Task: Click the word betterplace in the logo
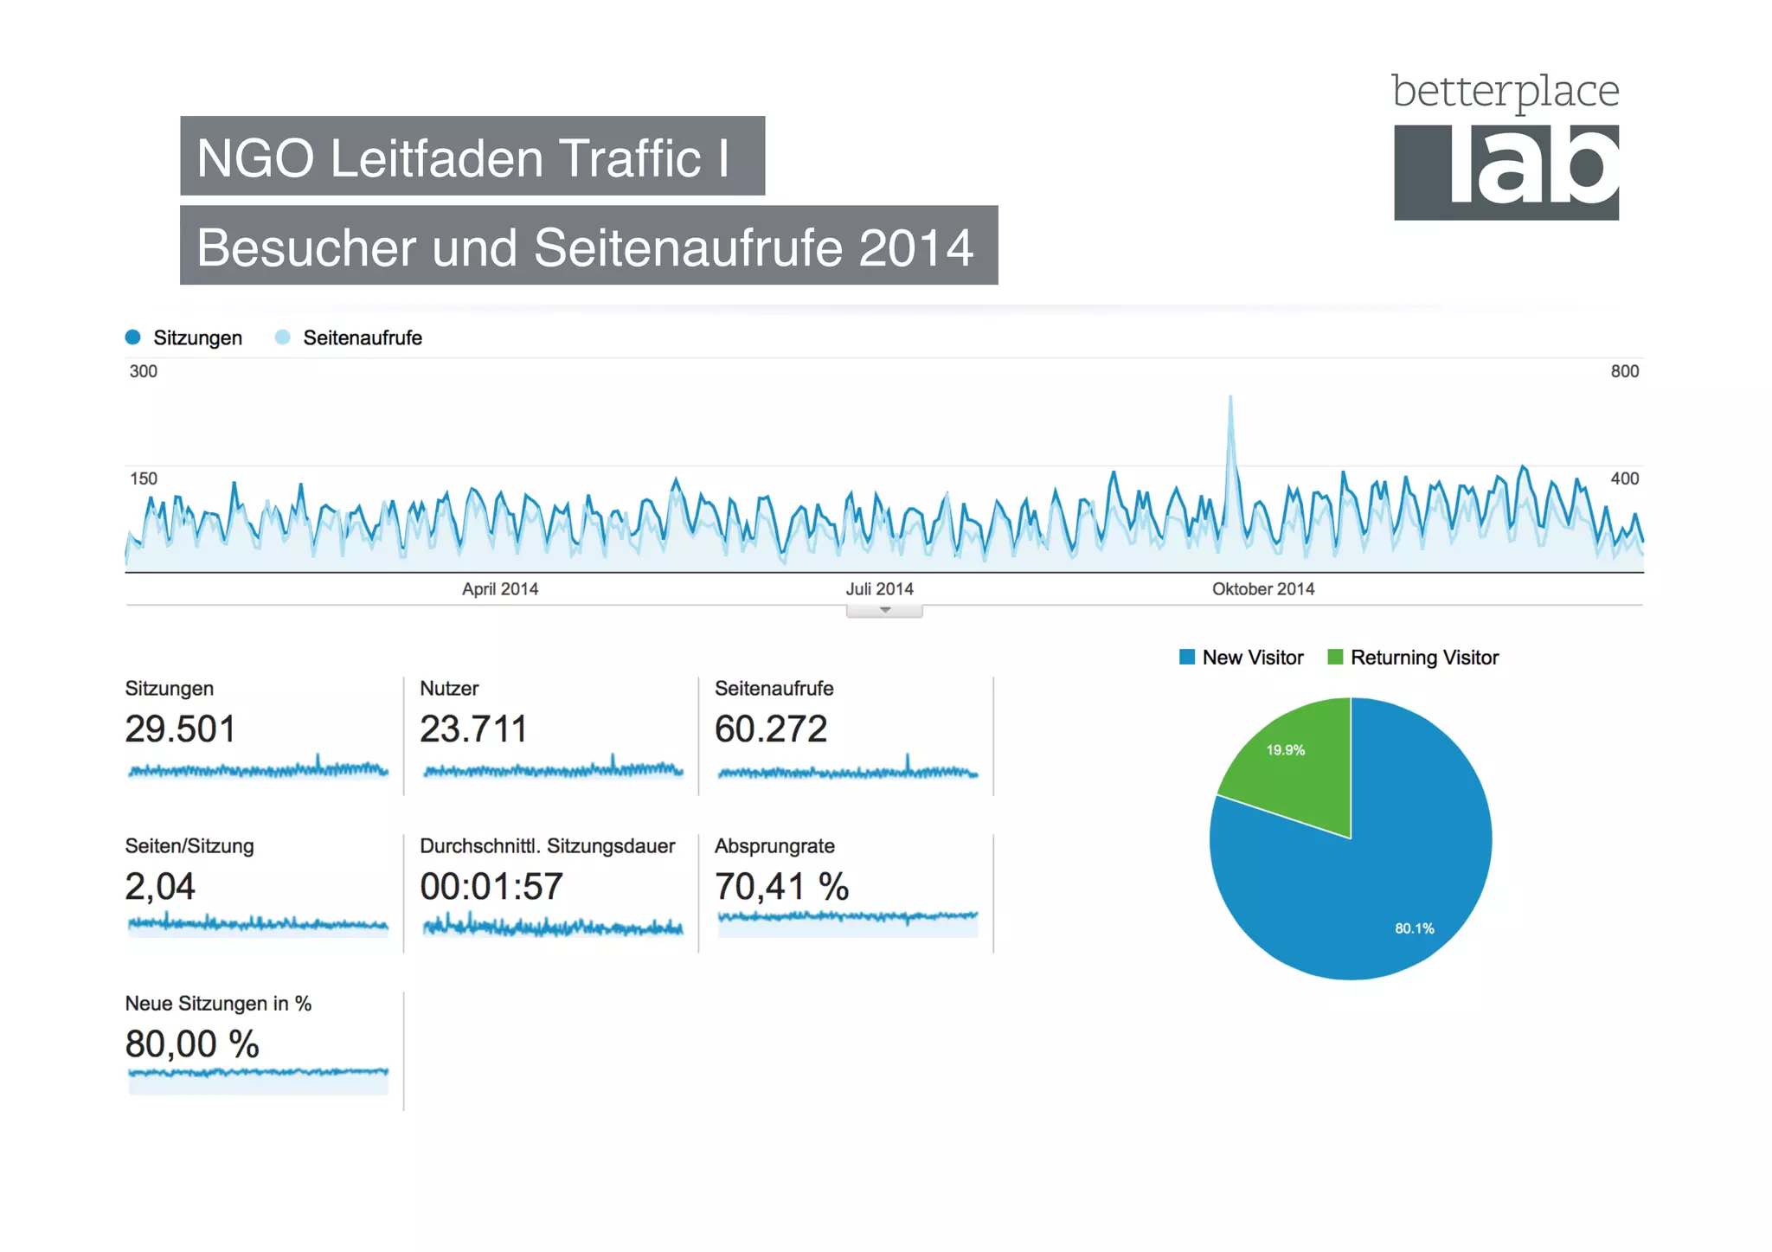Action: click(1505, 91)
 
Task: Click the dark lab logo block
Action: click(1506, 172)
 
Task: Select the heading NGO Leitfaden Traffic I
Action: click(464, 157)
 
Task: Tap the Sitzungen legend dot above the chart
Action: click(132, 337)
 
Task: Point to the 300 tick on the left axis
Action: click(144, 371)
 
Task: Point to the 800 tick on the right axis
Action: click(1624, 371)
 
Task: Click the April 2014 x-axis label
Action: click(499, 589)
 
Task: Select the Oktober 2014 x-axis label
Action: click(1262, 589)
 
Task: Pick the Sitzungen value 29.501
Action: click(180, 729)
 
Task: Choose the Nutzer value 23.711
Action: click(473, 729)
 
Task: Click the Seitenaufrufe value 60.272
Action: click(771, 729)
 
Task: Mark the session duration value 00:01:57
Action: click(491, 887)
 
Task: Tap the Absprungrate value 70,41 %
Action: click(781, 887)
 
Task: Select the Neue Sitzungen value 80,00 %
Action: click(192, 1044)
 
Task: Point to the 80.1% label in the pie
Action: click(1414, 928)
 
